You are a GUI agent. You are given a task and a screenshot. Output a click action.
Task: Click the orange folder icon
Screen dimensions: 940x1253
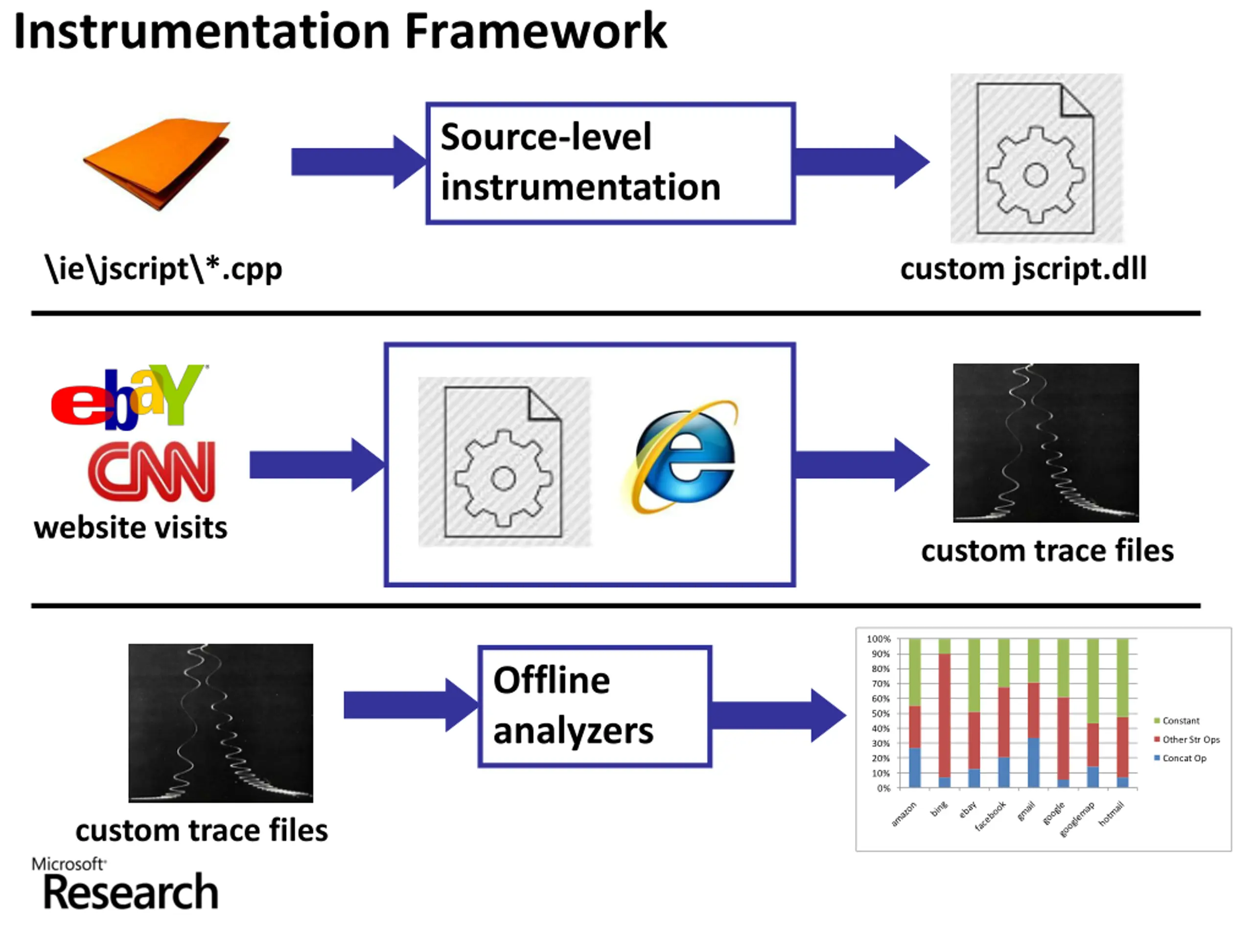click(x=158, y=163)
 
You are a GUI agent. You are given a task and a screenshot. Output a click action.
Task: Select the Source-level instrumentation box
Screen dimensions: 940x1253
click(x=610, y=163)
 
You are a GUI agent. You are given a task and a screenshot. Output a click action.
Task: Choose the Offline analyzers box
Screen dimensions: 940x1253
click(x=595, y=706)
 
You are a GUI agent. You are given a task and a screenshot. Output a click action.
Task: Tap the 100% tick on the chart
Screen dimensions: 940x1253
click(x=878, y=639)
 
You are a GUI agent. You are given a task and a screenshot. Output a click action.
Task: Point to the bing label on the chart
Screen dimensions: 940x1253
click(x=939, y=809)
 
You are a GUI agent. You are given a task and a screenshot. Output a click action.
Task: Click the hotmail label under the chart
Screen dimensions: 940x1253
click(x=1111, y=814)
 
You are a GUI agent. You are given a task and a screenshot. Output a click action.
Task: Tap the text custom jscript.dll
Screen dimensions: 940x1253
click(x=1023, y=269)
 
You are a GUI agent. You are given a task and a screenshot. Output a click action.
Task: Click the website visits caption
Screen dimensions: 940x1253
click(x=131, y=528)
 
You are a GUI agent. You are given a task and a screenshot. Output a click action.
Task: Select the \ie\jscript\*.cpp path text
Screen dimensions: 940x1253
click(x=163, y=269)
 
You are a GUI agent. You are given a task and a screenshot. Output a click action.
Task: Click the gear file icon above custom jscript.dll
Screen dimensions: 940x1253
click(x=1036, y=159)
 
